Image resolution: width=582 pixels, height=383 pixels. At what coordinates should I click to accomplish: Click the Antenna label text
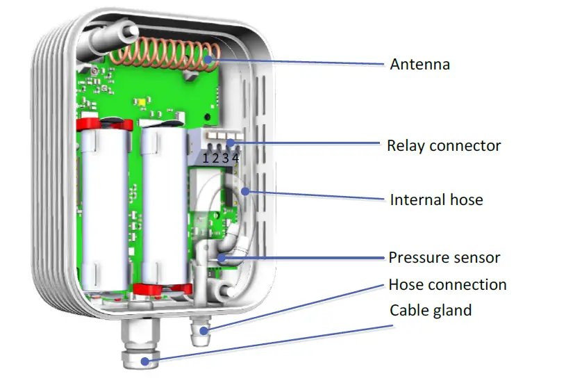pos(419,65)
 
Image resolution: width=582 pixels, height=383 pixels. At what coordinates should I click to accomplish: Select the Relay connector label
pos(444,146)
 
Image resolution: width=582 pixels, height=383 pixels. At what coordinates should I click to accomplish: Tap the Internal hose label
pos(436,200)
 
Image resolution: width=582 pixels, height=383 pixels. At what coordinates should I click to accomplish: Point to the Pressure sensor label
pos(444,258)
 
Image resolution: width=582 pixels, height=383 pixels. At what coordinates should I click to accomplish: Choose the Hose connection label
pos(447,285)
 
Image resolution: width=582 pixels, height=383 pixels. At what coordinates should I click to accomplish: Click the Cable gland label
pos(430,310)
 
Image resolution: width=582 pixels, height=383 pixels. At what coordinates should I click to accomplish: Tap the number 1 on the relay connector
pos(206,158)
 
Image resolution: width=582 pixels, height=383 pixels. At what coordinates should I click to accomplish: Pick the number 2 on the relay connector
pos(216,158)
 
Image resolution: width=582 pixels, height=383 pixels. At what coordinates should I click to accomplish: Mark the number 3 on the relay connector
pos(226,158)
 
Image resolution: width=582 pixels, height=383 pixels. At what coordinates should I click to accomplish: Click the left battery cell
pos(104,209)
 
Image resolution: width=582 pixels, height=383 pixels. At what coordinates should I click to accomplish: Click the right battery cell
pos(163,209)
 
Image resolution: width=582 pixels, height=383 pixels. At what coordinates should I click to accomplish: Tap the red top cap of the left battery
pos(104,124)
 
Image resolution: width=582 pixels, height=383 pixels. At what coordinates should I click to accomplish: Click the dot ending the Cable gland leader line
pos(144,361)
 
